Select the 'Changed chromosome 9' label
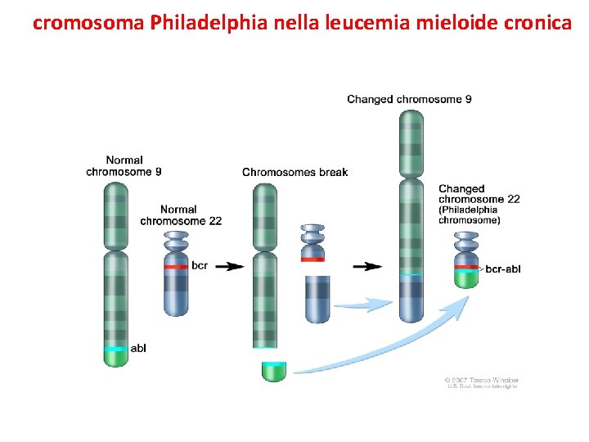[x=409, y=99]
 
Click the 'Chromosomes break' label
[x=294, y=172]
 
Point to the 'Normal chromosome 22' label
[x=181, y=215]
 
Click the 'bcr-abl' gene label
[x=503, y=268]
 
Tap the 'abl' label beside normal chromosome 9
[x=138, y=349]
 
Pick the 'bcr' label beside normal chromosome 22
[x=200, y=265]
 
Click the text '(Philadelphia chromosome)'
[x=469, y=214]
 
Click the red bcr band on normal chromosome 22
[x=176, y=266]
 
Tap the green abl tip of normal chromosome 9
[x=115, y=357]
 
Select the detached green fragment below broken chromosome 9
[x=274, y=371]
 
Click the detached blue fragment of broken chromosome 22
[x=317, y=299]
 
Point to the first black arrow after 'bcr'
[x=233, y=266]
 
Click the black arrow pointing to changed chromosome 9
[x=372, y=266]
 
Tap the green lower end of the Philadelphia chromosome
[x=466, y=278]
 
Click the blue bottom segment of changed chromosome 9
[x=411, y=300]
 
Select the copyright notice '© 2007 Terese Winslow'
[x=482, y=380]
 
